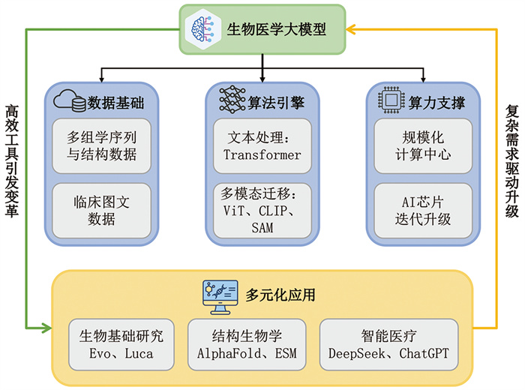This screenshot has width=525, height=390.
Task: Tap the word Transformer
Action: coord(262,154)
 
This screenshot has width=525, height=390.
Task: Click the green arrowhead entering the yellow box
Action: coord(46,328)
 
